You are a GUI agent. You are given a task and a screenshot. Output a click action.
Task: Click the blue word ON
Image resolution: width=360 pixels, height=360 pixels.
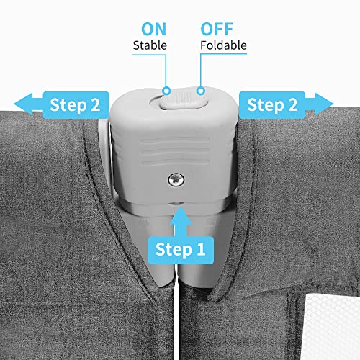coord(153,30)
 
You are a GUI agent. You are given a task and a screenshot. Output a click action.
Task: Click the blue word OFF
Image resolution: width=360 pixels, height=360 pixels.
coord(217,30)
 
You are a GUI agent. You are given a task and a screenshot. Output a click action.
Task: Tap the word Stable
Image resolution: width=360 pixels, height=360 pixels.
coord(150,45)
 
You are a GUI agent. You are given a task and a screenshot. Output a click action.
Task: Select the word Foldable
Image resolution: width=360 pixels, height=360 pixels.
coord(223,45)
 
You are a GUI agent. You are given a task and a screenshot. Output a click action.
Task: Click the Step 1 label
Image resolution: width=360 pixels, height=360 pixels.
coord(181,250)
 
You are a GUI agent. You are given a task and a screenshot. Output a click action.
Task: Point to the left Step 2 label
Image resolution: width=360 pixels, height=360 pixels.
coord(76,105)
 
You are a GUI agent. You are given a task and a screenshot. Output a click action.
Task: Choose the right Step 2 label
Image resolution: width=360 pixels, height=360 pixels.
coord(272,105)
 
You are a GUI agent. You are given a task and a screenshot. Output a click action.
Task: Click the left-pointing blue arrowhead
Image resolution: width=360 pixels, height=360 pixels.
coord(23,104)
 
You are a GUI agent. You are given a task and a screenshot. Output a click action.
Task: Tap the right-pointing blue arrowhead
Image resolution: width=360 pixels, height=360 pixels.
coord(324,104)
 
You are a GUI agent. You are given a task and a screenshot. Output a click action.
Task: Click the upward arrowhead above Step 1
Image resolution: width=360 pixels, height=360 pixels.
coord(181,215)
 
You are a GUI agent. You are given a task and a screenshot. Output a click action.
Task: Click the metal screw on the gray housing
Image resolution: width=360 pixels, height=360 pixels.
coord(176,179)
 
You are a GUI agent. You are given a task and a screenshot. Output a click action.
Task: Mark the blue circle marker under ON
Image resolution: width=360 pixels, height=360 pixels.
coord(166,91)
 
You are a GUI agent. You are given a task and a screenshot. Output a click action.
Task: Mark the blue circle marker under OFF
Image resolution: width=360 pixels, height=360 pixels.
coord(201,91)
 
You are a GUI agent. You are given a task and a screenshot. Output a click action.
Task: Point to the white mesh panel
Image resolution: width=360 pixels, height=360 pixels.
coord(331,327)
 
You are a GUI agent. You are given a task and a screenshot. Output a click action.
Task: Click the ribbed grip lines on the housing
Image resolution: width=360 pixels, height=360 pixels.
coord(175,151)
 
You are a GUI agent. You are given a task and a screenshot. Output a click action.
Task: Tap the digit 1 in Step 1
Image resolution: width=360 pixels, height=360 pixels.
coord(200,249)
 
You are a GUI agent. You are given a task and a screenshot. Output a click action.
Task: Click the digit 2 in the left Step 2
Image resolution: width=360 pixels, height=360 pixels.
coord(95,104)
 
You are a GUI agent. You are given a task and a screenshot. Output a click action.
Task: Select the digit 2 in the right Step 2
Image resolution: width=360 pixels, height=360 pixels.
coord(292,104)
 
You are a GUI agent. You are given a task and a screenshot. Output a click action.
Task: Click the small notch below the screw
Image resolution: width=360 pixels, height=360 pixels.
coord(176,204)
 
